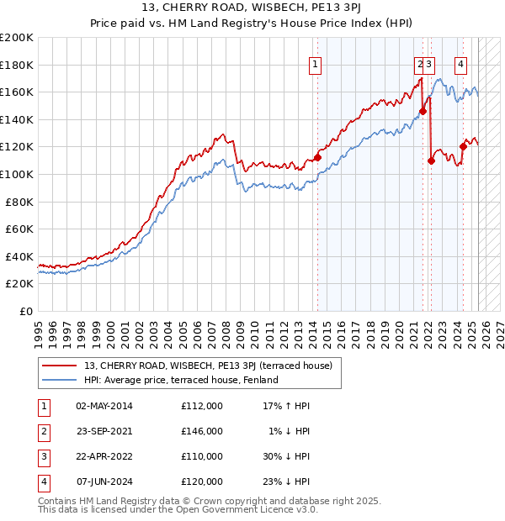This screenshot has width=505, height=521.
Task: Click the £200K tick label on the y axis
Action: coord(17,37)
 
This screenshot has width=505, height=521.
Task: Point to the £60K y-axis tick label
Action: coord(19,229)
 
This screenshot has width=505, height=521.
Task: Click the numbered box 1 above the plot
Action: coord(314,63)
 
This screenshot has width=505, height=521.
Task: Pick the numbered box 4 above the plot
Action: coord(461,63)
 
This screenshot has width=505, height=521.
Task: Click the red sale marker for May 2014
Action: coord(318,157)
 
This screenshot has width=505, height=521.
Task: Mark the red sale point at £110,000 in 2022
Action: coord(431,161)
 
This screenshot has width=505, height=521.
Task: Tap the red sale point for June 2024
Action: coord(463,146)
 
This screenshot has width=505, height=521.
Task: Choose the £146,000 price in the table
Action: coord(202,431)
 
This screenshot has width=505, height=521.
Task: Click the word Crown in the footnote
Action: coord(199,501)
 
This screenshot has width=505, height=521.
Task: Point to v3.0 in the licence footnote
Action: coord(306,510)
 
